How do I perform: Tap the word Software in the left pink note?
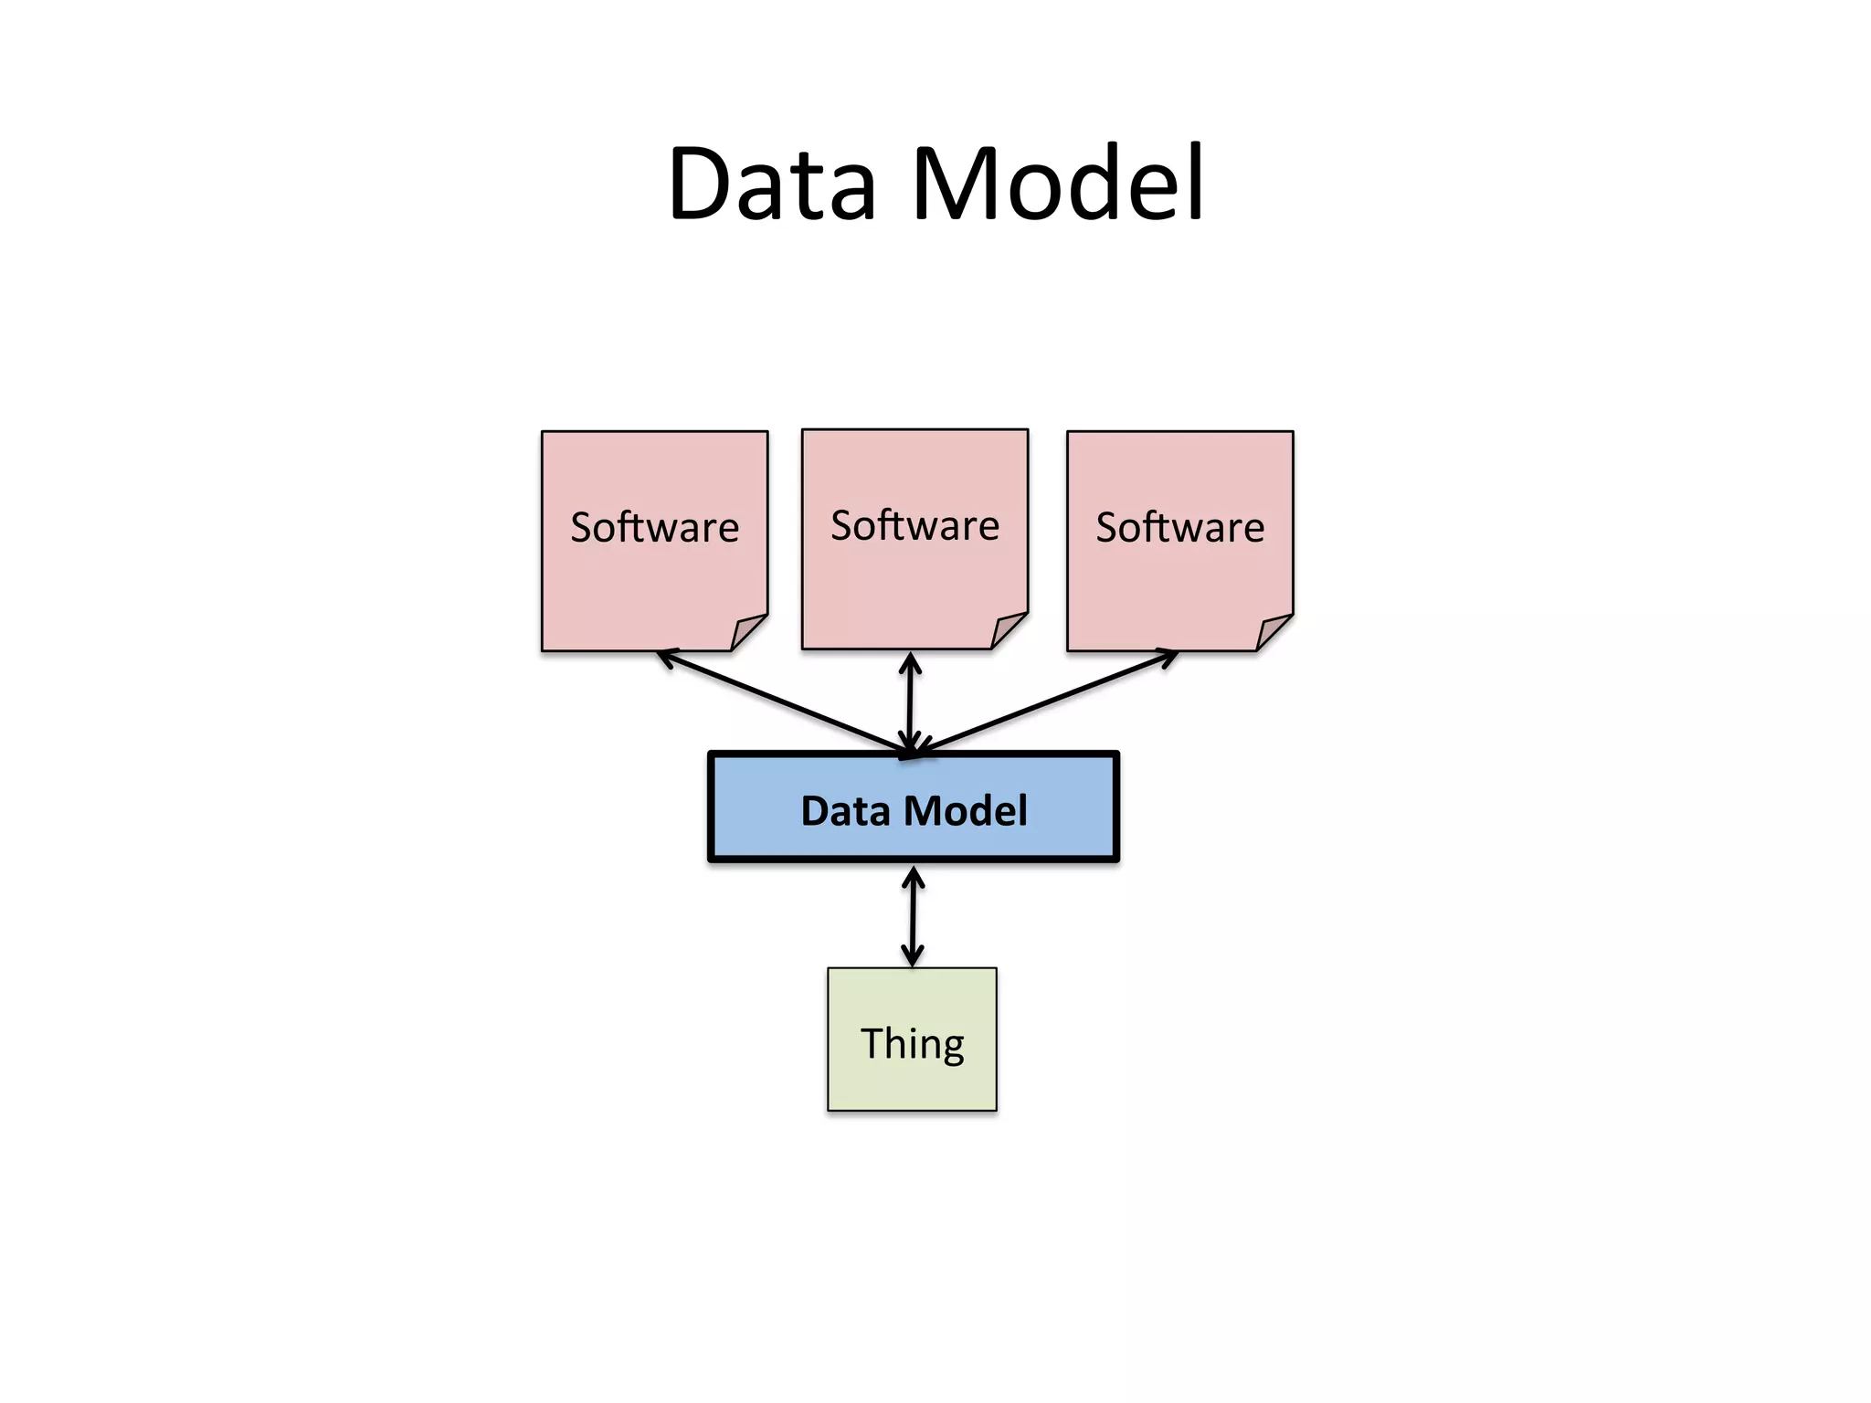(654, 527)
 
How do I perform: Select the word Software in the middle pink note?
(914, 525)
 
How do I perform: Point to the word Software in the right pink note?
(1179, 527)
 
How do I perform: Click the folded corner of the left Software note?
(747, 632)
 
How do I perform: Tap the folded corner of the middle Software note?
(1008, 630)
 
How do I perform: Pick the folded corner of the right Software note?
(1273, 632)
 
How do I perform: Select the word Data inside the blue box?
(845, 810)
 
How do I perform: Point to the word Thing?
(912, 1043)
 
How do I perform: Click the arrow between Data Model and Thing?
(913, 915)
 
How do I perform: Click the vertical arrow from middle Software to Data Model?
(910, 703)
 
